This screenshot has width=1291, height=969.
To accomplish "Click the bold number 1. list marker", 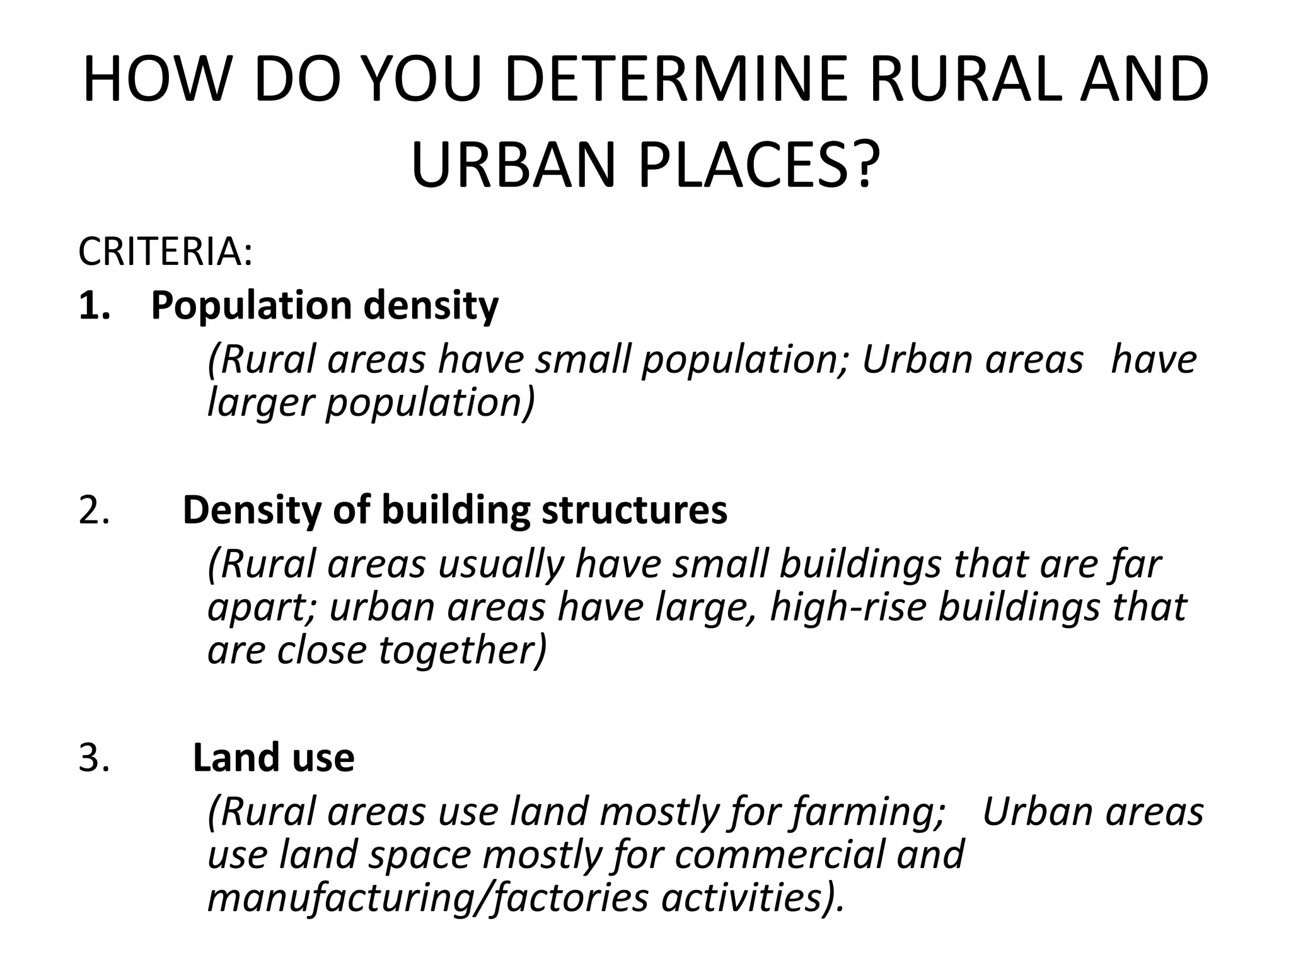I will coord(95,306).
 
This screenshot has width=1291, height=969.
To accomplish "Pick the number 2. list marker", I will coord(95,510).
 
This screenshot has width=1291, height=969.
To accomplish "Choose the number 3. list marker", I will coord(95,757).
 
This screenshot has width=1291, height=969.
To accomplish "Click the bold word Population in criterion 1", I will coord(252,307).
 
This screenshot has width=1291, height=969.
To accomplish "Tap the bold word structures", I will coord(635,510).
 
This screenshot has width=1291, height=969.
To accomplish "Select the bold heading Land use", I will coord(274,757).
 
